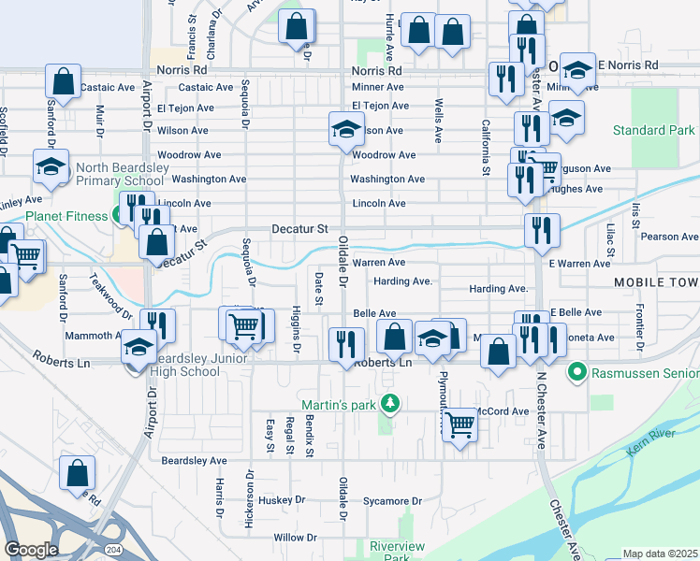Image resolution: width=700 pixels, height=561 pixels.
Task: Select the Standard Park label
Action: [653, 131]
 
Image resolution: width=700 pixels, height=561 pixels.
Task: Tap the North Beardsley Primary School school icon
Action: [50, 166]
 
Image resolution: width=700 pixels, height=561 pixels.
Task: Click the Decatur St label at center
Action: [299, 228]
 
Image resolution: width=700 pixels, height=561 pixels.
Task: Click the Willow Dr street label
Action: [295, 539]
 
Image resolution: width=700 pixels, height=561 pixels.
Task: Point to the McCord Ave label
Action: [503, 411]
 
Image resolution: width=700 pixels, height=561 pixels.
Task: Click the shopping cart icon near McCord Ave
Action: [459, 424]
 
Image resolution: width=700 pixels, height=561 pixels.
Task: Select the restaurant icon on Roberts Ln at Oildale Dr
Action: [346, 345]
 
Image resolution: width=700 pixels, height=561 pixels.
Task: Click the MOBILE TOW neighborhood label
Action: [656, 282]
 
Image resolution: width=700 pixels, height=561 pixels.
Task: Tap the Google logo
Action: [31, 550]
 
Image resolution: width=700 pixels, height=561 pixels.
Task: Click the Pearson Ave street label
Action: [670, 237]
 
